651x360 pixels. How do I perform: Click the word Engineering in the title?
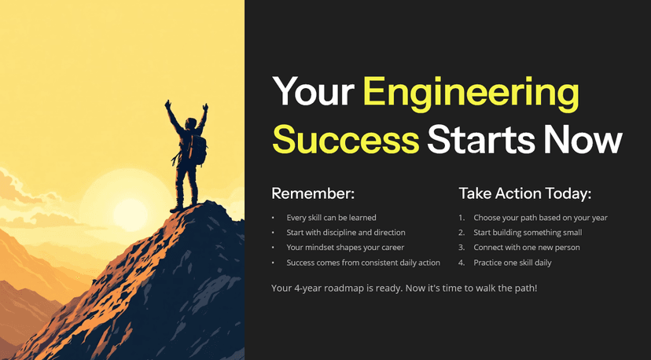471,94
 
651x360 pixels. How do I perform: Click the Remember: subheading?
313,193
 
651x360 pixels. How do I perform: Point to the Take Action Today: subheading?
524,193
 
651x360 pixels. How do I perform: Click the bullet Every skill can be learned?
331,218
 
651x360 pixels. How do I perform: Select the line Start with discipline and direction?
346,233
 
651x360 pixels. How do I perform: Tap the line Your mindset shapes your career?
345,248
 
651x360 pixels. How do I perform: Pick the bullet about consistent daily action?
363,263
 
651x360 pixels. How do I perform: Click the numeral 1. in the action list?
462,218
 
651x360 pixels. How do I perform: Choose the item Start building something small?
528,233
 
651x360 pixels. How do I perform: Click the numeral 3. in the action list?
462,248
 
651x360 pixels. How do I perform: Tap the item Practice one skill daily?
513,263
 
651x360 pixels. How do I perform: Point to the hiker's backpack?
197,149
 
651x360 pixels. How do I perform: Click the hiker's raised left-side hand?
167,104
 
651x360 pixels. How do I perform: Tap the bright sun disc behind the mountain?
130,214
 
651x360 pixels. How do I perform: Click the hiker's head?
190,123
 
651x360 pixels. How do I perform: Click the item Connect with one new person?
527,248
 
